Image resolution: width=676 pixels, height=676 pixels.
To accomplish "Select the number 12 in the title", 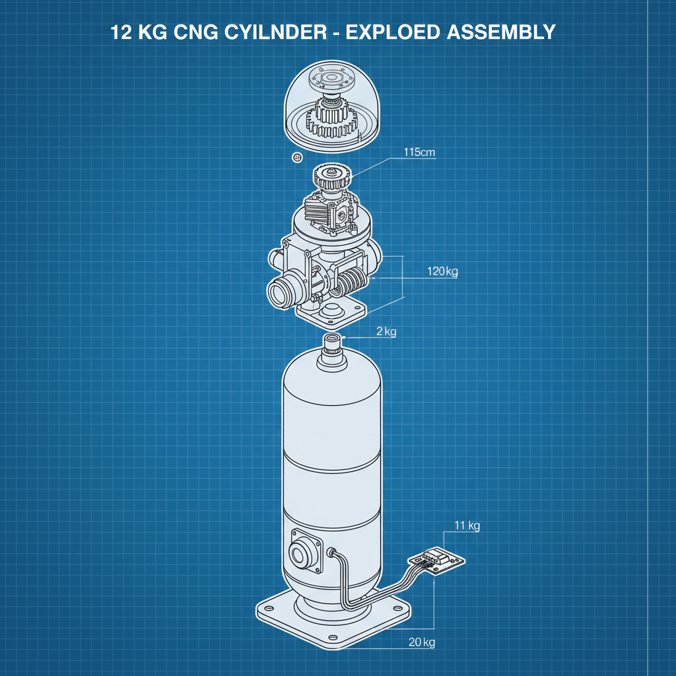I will [x=121, y=32].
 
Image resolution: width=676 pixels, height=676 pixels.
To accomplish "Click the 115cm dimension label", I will [x=419, y=152].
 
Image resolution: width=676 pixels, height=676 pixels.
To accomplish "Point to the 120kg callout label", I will [x=442, y=271].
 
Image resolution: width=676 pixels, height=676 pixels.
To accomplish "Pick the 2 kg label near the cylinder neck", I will [x=386, y=331].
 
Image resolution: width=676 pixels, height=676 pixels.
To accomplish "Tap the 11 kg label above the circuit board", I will [x=467, y=525].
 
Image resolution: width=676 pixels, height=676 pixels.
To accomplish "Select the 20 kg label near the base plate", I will [x=421, y=642].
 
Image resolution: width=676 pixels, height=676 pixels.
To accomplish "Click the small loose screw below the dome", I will [x=296, y=157].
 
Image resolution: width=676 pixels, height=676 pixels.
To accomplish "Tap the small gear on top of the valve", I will [x=331, y=177].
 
